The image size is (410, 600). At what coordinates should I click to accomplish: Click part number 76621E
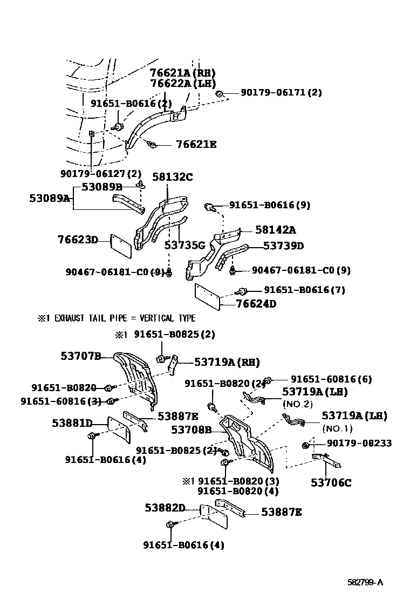click(196, 144)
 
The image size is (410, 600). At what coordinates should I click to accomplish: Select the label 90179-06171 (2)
click(281, 92)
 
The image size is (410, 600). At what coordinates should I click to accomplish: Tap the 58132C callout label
click(173, 177)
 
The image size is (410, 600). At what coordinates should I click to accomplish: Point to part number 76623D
click(78, 240)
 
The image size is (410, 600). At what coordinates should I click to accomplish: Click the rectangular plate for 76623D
click(121, 247)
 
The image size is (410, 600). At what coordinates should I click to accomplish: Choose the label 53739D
click(283, 246)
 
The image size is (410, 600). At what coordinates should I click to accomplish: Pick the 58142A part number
click(276, 230)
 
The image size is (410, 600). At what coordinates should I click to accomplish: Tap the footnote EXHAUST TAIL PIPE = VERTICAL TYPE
click(117, 318)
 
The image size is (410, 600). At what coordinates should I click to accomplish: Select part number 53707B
click(81, 356)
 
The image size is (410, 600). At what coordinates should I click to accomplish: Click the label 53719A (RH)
click(227, 362)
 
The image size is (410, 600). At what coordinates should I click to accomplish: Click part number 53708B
click(191, 429)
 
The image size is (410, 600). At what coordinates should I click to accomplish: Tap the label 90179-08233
click(359, 443)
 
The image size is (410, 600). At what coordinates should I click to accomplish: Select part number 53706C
click(331, 482)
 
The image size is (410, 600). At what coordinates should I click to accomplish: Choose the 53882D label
click(165, 508)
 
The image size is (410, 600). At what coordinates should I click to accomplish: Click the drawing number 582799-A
click(365, 582)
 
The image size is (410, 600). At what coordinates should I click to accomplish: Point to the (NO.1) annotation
click(337, 428)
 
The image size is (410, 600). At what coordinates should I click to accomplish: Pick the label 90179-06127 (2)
click(101, 174)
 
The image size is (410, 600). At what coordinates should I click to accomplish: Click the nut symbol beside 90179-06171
click(220, 93)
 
